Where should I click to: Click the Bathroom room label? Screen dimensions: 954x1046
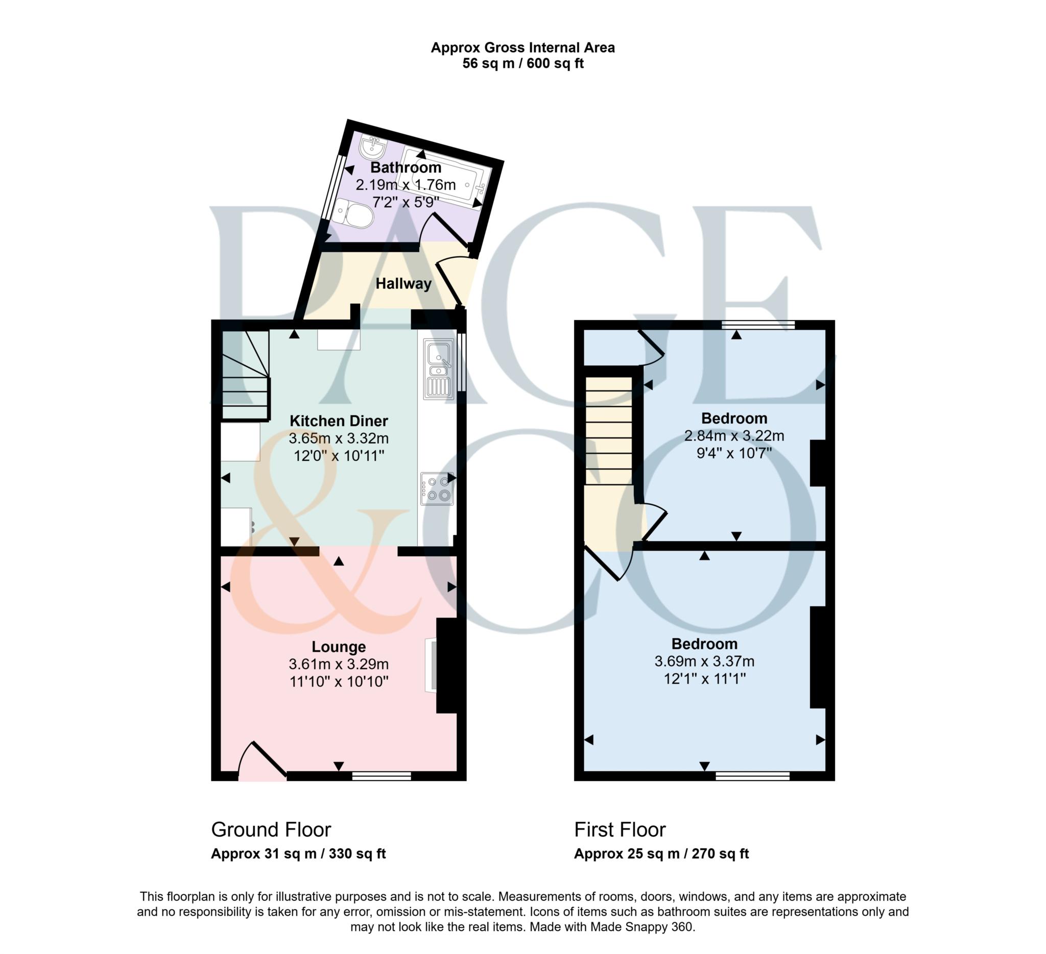pos(406,167)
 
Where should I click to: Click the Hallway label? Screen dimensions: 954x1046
pos(403,284)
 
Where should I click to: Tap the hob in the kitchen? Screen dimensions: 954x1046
pos(437,488)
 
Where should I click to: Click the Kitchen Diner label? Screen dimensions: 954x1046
pos(338,421)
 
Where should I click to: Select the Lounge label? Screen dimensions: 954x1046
pos(338,647)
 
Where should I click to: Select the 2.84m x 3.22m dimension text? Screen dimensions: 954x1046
pos(733,435)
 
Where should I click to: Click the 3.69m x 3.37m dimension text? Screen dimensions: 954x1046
pos(704,661)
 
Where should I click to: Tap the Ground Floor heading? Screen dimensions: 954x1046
pos(271,829)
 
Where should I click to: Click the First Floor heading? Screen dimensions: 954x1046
pos(620,829)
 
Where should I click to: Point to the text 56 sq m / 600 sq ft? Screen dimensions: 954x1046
pos(522,64)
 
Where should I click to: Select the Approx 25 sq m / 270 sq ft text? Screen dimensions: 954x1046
pos(661,854)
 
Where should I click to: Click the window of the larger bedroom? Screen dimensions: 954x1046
pos(752,776)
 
